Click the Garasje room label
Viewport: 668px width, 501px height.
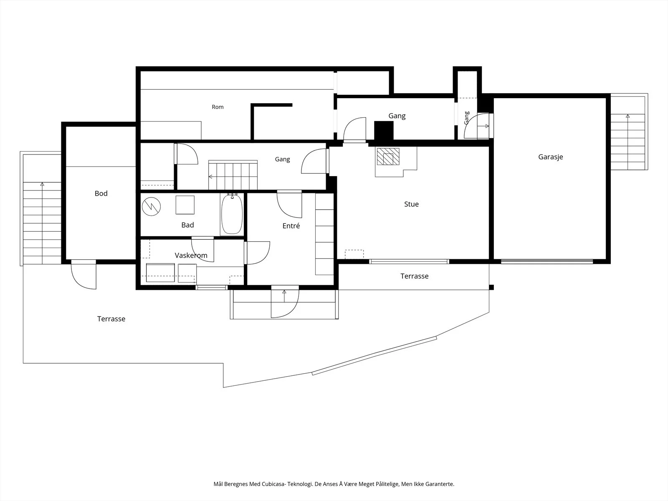pyautogui.click(x=551, y=157)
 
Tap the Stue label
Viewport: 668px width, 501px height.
pyautogui.click(x=411, y=204)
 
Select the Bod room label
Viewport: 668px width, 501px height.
pyautogui.click(x=101, y=193)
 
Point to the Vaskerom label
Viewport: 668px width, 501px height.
pyautogui.click(x=191, y=255)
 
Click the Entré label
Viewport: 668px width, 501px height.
pyautogui.click(x=291, y=225)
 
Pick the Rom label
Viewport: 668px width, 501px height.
pyautogui.click(x=218, y=107)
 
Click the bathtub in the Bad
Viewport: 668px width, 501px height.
pyautogui.click(x=232, y=214)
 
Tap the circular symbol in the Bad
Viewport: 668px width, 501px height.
pyautogui.click(x=151, y=207)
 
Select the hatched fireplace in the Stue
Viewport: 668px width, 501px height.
pyautogui.click(x=388, y=157)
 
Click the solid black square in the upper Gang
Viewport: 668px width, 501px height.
pyautogui.click(x=384, y=131)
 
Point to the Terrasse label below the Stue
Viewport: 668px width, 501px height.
pyautogui.click(x=414, y=276)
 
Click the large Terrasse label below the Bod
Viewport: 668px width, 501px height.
pyautogui.click(x=111, y=319)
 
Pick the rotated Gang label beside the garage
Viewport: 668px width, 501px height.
pyautogui.click(x=466, y=118)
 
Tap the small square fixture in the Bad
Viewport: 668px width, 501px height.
pyautogui.click(x=185, y=205)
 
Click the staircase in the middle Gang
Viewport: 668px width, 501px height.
pyautogui.click(x=233, y=175)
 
